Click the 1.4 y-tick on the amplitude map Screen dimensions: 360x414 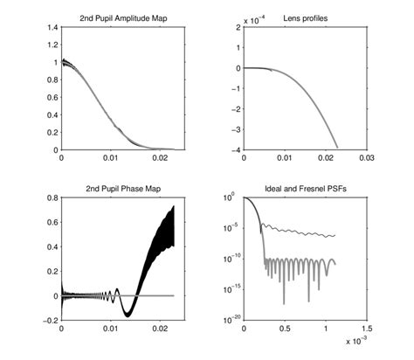tap(52, 28)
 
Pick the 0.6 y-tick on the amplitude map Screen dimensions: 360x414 tap(52, 98)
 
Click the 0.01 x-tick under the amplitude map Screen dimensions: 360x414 tap(109, 159)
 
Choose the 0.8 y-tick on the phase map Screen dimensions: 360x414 tap(52, 198)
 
